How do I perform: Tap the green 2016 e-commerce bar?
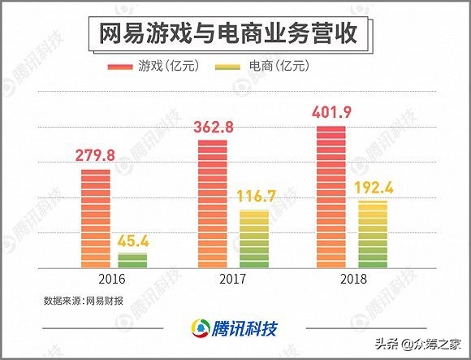pos(132,261)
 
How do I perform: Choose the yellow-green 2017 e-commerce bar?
pos(253,239)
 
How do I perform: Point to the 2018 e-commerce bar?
pos(372,234)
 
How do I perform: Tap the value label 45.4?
pos(133,241)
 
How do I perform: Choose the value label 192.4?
pos(372,188)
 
